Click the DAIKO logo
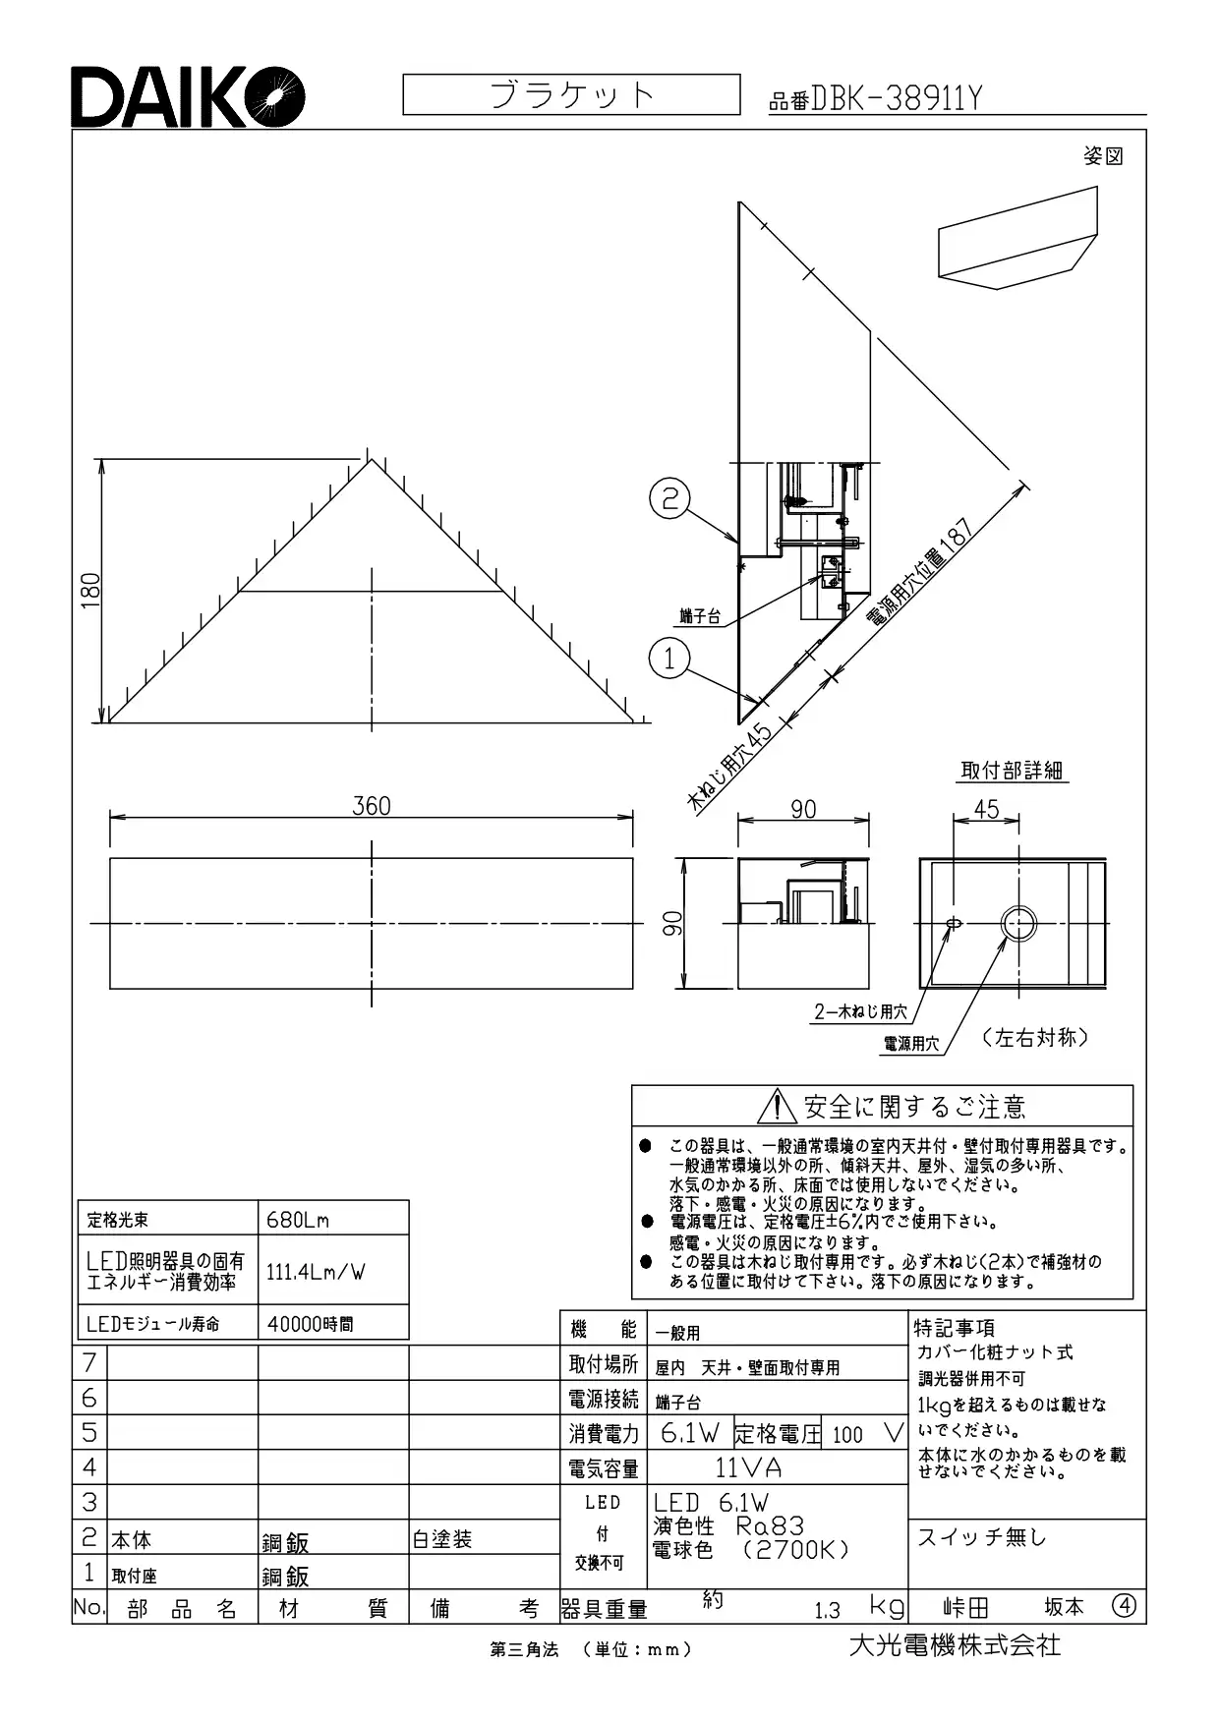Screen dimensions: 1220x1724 tap(188, 96)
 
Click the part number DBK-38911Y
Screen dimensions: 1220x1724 tap(896, 98)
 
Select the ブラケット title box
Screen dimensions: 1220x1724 tap(571, 94)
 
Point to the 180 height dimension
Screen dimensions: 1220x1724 tap(91, 590)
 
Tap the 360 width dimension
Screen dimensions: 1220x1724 tap(372, 806)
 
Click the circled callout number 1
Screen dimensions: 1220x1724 tap(669, 658)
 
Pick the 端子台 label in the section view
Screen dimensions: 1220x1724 tap(700, 617)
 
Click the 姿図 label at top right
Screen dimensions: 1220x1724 tap(1103, 156)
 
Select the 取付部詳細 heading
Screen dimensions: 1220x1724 tap(1013, 771)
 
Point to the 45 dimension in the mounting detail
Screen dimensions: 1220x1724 tap(986, 808)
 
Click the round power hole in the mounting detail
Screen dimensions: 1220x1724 tap(1018, 923)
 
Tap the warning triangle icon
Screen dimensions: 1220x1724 tap(777, 1106)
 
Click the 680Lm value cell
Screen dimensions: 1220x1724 tap(298, 1220)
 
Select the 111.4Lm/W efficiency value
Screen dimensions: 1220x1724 tap(316, 1271)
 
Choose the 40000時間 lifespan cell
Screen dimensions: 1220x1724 tap(311, 1324)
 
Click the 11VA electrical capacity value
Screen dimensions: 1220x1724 tap(748, 1468)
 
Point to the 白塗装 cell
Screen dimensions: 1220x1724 tap(442, 1539)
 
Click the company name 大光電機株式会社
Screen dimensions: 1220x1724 tap(955, 1644)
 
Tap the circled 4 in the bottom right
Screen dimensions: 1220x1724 tap(1125, 1606)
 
